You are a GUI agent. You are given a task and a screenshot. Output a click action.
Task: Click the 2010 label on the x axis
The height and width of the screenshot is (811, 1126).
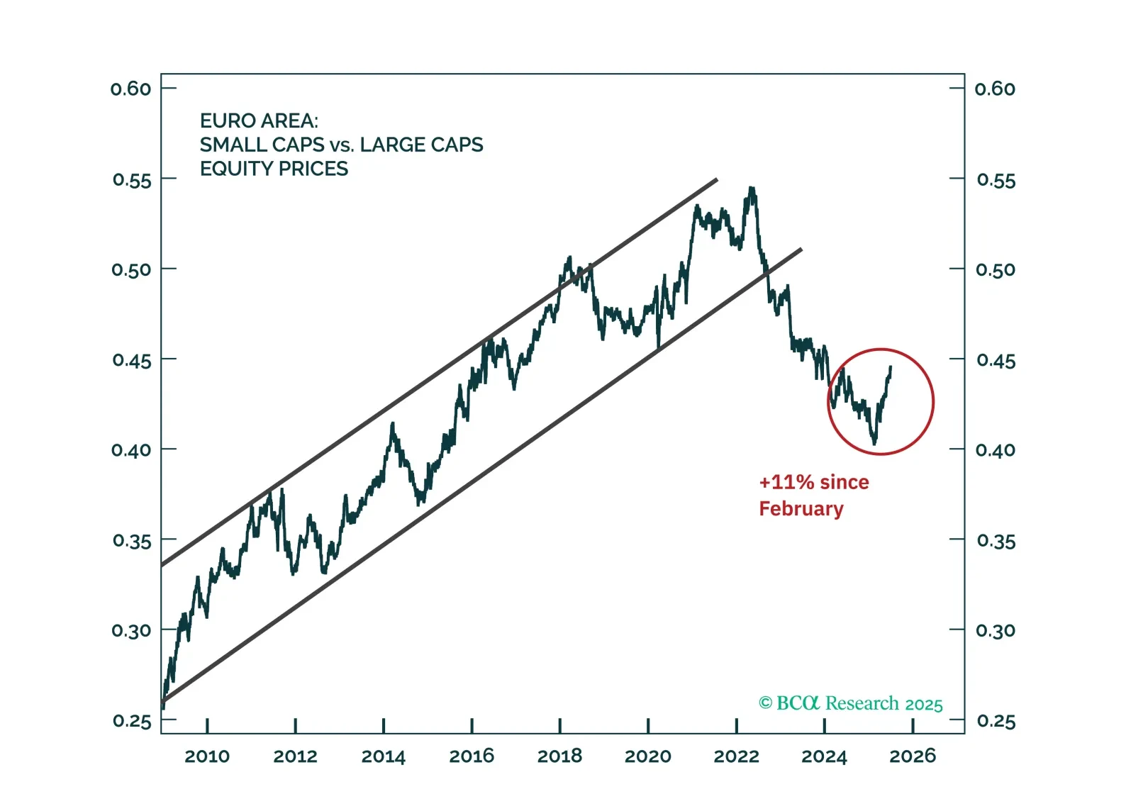point(207,756)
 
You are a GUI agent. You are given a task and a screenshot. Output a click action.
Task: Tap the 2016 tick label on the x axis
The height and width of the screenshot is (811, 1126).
point(472,756)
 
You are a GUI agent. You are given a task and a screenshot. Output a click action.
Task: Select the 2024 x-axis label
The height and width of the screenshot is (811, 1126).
point(824,756)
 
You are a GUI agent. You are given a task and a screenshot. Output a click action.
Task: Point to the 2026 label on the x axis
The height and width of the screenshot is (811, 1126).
point(913,756)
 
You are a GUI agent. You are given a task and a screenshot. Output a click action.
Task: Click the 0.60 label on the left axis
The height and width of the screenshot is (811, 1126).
point(131,89)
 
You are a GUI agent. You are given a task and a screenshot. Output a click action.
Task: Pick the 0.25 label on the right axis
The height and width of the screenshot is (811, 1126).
point(996,722)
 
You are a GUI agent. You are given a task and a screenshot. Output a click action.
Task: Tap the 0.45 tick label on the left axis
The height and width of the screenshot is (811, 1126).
point(131,361)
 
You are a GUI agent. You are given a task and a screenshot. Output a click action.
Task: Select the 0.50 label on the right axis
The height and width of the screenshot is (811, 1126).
point(996,270)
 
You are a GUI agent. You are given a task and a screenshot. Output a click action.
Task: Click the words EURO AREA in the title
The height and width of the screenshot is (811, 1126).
point(259,121)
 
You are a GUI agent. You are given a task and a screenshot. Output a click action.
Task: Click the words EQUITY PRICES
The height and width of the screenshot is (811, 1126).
point(274,169)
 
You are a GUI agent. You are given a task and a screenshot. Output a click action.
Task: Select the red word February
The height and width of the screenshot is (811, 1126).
point(801,509)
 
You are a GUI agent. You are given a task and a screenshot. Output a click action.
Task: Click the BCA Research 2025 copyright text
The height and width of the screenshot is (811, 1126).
point(851,703)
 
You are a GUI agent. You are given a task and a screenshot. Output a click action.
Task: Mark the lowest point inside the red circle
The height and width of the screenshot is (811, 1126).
point(875,444)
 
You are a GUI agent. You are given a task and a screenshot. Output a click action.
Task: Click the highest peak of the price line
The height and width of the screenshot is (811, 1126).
point(751,189)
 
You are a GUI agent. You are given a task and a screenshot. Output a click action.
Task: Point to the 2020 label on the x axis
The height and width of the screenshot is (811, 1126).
point(647,756)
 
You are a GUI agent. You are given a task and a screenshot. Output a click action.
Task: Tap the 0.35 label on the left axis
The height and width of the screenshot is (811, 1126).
point(131,542)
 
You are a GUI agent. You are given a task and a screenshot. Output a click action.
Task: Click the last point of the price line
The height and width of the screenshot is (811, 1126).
point(891,367)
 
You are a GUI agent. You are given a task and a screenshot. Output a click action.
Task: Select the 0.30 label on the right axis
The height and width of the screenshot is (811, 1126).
point(996,631)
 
